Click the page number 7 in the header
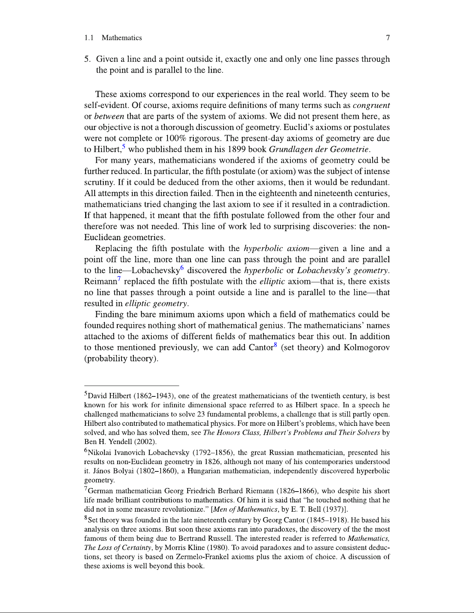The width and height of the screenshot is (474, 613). click(388, 38)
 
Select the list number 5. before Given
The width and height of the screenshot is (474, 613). click(87, 59)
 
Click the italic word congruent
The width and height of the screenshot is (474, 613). click(371, 106)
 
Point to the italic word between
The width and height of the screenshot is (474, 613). click(109, 116)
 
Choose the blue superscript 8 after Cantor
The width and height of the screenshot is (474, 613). click(276, 345)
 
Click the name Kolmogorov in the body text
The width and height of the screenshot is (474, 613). click(366, 348)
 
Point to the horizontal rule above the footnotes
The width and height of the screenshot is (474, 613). click(132, 386)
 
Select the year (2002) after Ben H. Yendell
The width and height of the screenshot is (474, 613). click(148, 442)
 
